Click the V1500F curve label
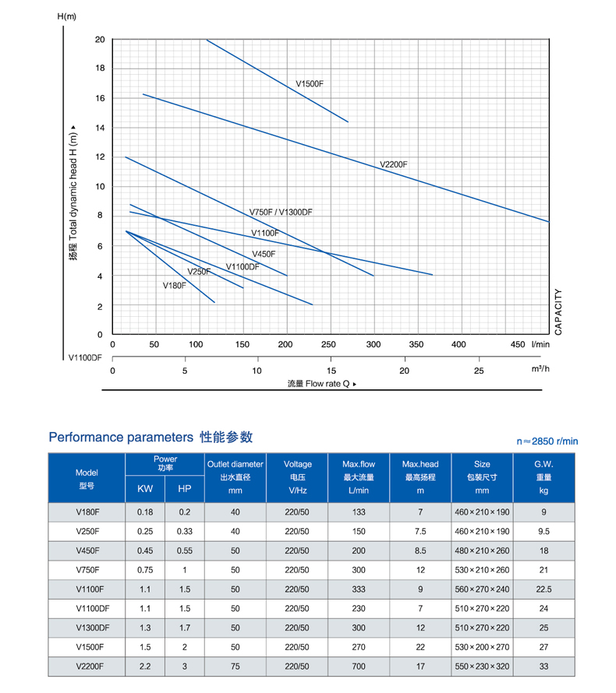[x=310, y=84]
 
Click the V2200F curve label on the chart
[x=394, y=165]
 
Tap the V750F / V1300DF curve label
[x=281, y=213]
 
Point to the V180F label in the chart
[x=175, y=286]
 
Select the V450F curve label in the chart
[x=264, y=255]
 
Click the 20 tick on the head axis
[x=99, y=40]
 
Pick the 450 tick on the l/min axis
[x=518, y=344]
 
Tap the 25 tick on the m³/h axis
[x=478, y=371]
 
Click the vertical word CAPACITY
[x=558, y=311]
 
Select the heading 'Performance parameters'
[x=120, y=437]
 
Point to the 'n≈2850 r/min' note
[x=547, y=441]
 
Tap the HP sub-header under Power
[x=184, y=489]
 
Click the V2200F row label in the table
[x=87, y=667]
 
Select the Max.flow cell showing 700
[x=359, y=667]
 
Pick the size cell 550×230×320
[x=482, y=667]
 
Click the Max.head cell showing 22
[x=420, y=646]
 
